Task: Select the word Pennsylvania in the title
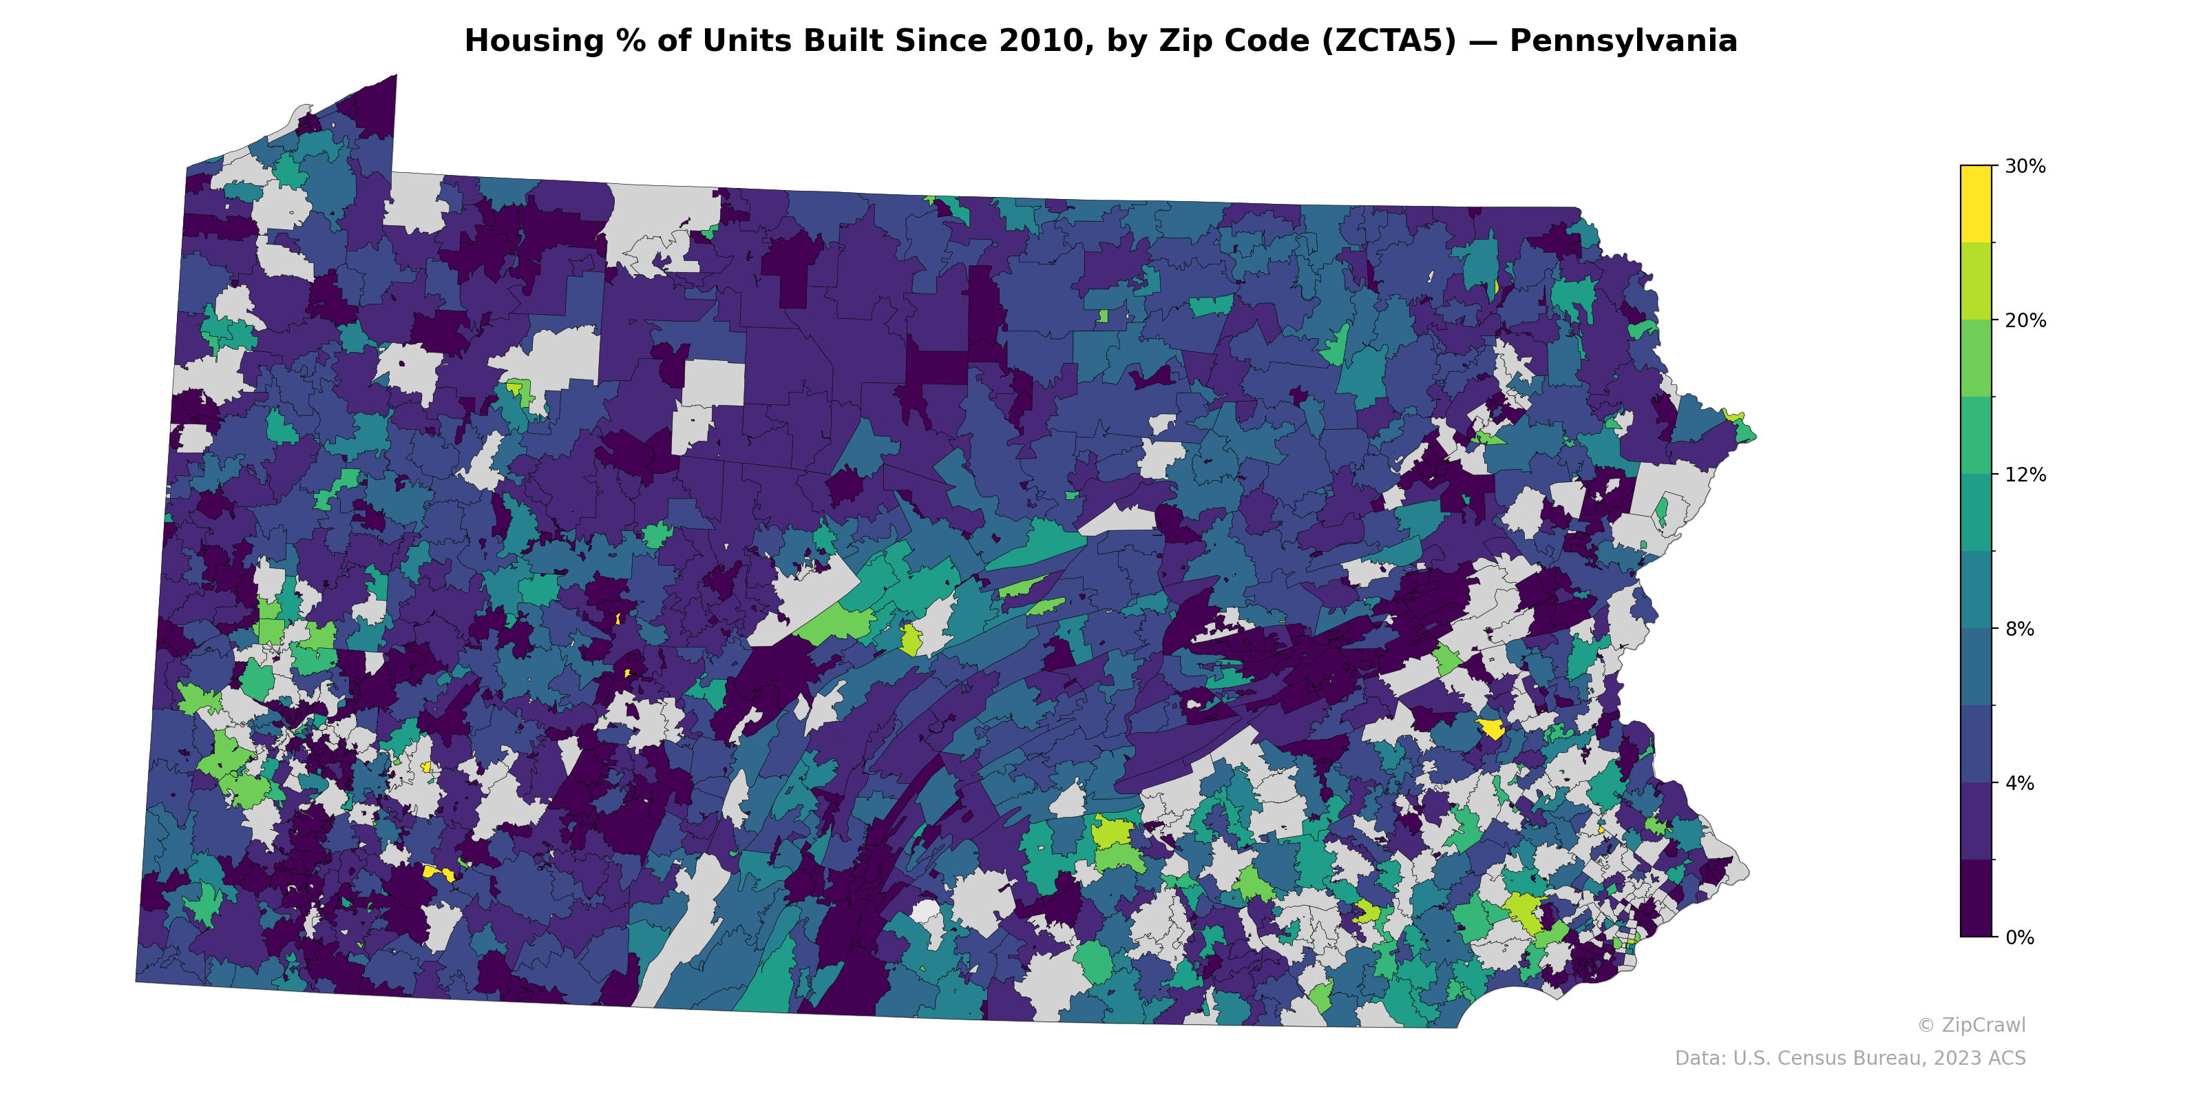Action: [1623, 41]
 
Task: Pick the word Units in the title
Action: [741, 41]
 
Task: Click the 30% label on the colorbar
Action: [2025, 167]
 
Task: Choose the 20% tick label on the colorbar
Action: [2025, 321]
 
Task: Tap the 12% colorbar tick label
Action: [2025, 475]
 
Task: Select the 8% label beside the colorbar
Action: [2019, 629]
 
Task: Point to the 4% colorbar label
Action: [2019, 783]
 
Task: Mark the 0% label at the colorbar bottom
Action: [2019, 937]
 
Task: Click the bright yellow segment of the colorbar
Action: [1976, 204]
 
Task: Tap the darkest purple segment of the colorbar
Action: [1976, 898]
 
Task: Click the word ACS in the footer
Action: [2006, 1059]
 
